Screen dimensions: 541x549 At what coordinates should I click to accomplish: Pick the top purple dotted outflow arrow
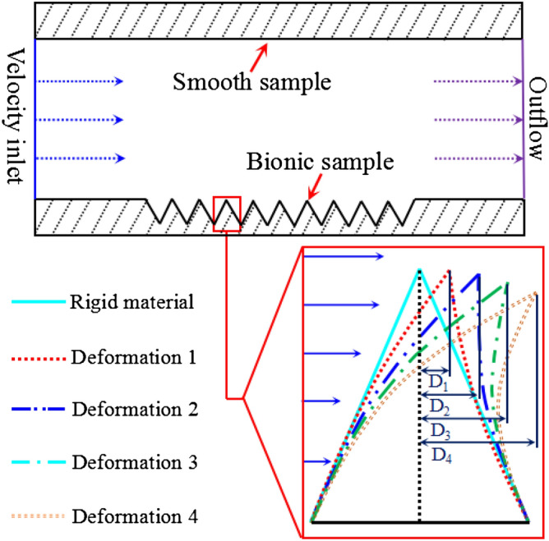coord(477,81)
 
